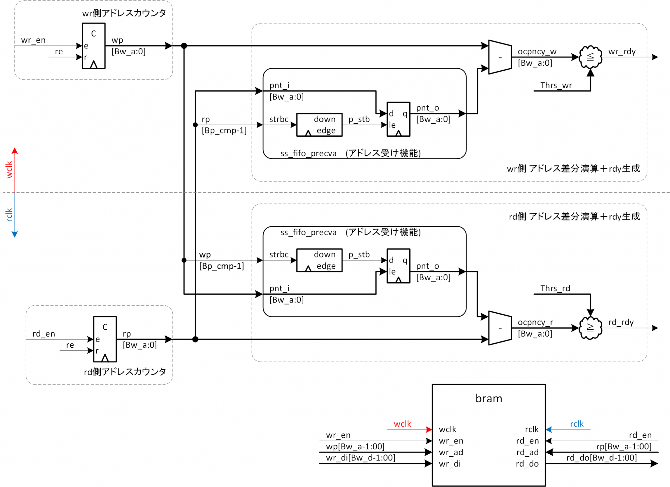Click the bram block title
pyautogui.click(x=488, y=398)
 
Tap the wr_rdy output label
pyautogui.click(x=622, y=52)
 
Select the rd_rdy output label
pyautogui.click(x=621, y=322)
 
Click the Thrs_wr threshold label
pyautogui.click(x=556, y=85)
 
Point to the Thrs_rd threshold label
pyautogui.click(x=555, y=288)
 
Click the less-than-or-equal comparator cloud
pyautogui.click(x=590, y=57)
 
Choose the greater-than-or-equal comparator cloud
pyautogui.click(x=590, y=328)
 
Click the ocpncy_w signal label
pyautogui.click(x=537, y=52)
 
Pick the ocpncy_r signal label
pyautogui.click(x=535, y=322)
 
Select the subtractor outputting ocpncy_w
pyautogui.click(x=500, y=57)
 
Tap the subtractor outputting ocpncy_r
pyautogui.click(x=500, y=328)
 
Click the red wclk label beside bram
pyautogui.click(x=402, y=424)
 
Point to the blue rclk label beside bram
pyautogui.click(x=576, y=424)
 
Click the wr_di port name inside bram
pyautogui.click(x=450, y=464)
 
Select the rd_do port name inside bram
pyautogui.click(x=527, y=464)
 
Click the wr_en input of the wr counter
pyautogui.click(x=33, y=40)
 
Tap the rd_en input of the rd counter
pyautogui.click(x=44, y=334)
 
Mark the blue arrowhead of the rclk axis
pyautogui.click(x=15, y=234)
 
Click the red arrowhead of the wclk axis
pyautogui.click(x=15, y=151)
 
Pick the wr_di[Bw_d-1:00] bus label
pyautogui.click(x=361, y=458)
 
